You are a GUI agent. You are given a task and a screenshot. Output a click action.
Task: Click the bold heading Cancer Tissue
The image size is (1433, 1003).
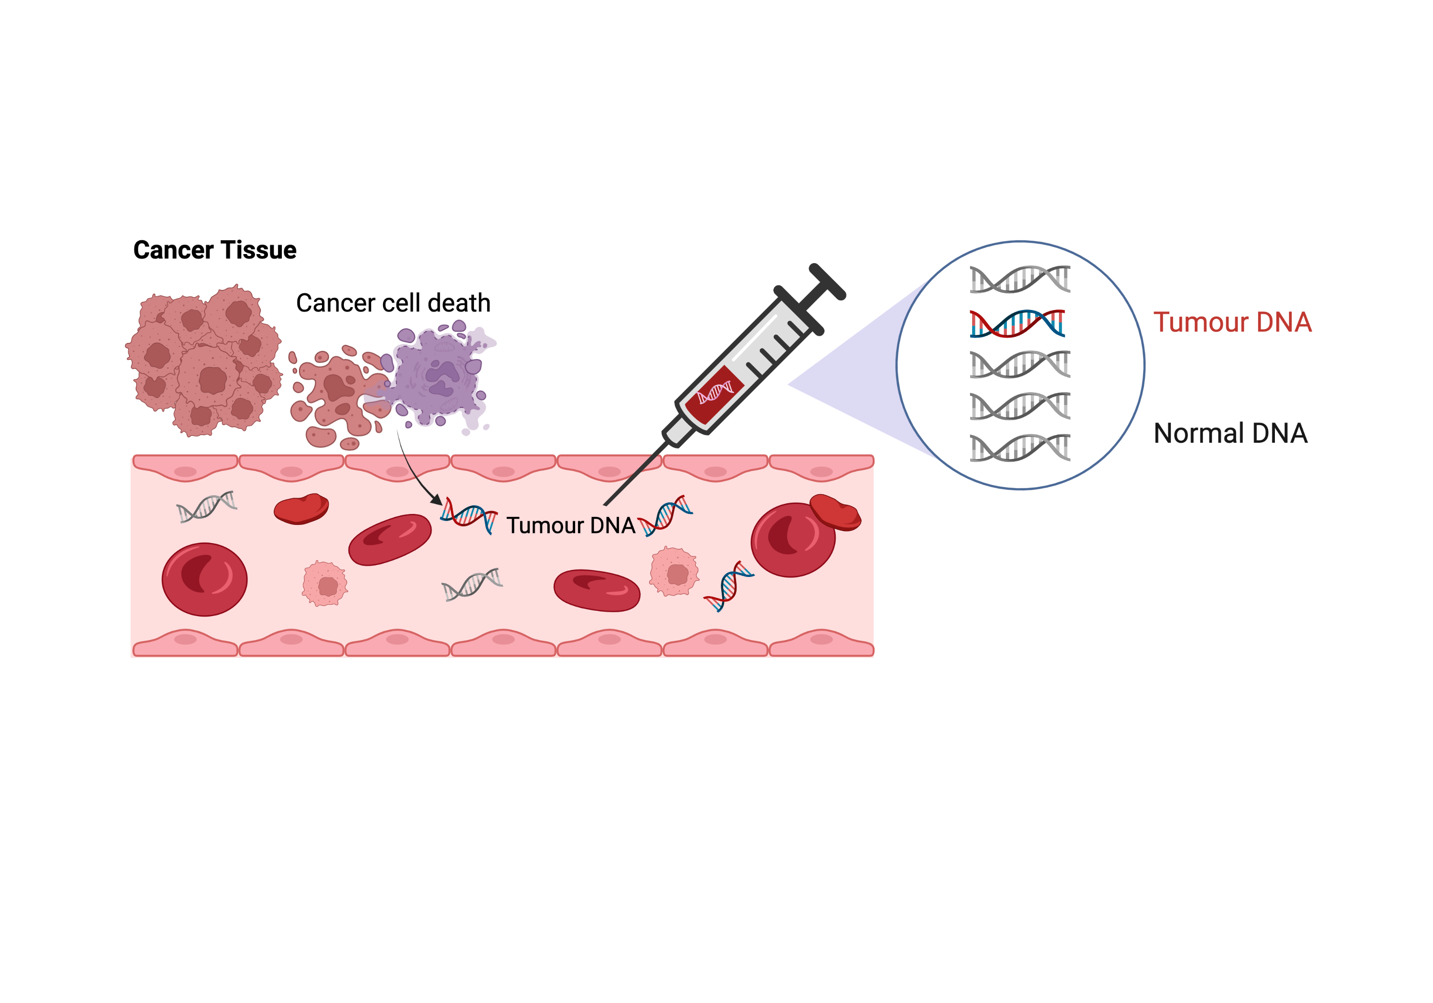[214, 250]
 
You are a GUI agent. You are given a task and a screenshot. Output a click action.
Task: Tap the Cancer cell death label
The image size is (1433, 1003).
[393, 303]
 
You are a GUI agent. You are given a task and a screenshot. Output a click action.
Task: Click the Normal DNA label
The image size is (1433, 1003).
[1230, 434]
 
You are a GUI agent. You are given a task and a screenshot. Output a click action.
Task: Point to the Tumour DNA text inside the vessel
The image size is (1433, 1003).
[570, 525]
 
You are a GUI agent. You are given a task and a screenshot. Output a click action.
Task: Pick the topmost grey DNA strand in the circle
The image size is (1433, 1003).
[1019, 279]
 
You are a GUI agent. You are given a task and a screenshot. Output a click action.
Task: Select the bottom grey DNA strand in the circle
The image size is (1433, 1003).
[1019, 448]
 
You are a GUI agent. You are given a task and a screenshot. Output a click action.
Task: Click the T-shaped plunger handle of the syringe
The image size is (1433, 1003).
[827, 282]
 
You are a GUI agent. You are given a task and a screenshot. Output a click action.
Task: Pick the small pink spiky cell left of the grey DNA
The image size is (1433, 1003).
[324, 584]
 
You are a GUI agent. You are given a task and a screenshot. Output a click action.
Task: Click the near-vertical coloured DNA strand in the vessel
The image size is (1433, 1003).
[728, 586]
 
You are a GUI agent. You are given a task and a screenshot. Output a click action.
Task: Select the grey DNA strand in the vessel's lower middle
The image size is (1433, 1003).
[472, 584]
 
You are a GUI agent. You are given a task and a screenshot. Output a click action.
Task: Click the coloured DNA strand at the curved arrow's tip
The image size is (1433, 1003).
[468, 515]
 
